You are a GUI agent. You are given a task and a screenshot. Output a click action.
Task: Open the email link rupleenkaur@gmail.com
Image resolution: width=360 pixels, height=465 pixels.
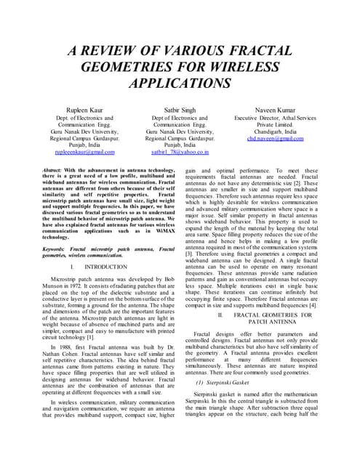85,152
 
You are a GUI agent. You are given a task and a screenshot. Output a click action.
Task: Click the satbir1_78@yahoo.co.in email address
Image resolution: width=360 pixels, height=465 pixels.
180,152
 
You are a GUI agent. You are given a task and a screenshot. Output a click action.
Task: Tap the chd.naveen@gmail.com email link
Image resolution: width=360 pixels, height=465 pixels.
275,138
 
